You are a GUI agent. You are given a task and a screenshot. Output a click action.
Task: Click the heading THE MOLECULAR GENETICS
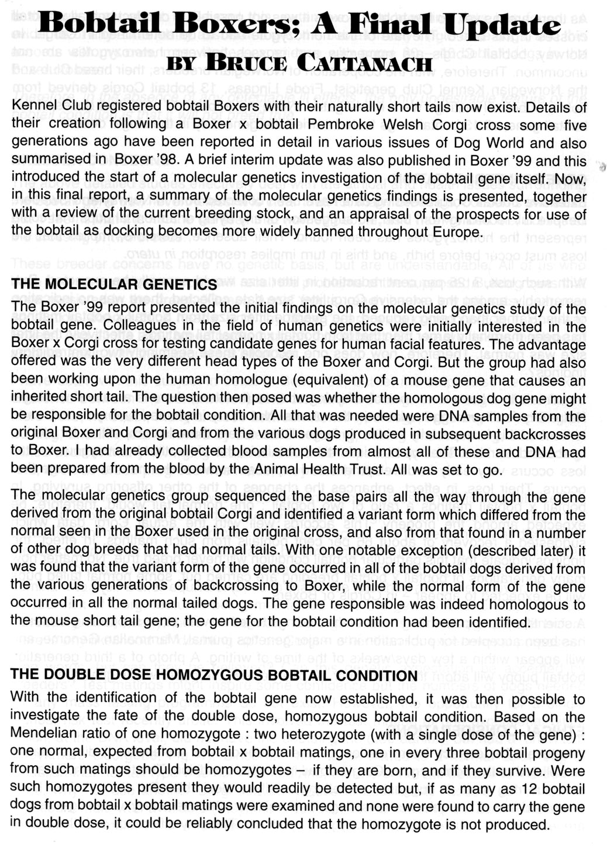[114, 285]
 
